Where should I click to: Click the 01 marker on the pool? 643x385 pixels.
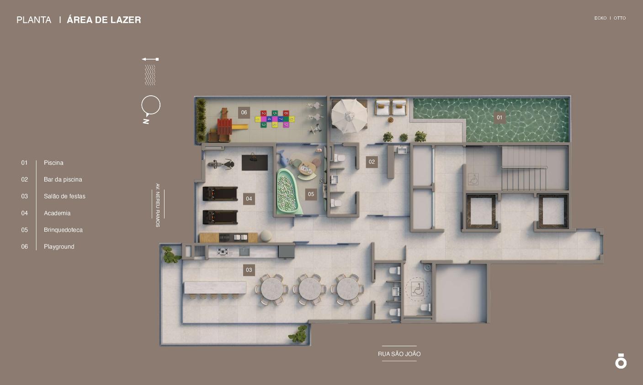(500, 117)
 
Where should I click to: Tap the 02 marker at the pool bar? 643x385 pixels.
(372, 162)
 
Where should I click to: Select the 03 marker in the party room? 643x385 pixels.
(249, 270)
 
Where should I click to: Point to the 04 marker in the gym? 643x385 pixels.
(249, 199)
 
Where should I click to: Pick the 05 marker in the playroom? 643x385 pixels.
(311, 194)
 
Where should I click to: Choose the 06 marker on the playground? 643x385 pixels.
(244, 113)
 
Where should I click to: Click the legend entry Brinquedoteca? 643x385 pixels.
(63, 230)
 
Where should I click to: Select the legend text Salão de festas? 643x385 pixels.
(64, 196)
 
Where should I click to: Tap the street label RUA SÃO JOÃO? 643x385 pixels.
(399, 354)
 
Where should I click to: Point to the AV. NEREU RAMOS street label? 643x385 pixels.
(158, 205)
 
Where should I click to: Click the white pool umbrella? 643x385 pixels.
(349, 116)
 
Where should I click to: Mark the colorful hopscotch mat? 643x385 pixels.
(275, 119)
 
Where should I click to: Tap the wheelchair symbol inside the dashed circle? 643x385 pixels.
(417, 289)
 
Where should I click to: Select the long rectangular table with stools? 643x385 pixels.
(215, 287)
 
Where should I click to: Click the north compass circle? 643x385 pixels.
(151, 105)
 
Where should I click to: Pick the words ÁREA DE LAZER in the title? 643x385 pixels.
(104, 20)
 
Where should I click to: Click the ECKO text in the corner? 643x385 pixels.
(600, 18)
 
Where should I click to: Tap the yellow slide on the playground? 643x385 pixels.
(239, 127)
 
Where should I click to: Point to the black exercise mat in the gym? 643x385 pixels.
(255, 163)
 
